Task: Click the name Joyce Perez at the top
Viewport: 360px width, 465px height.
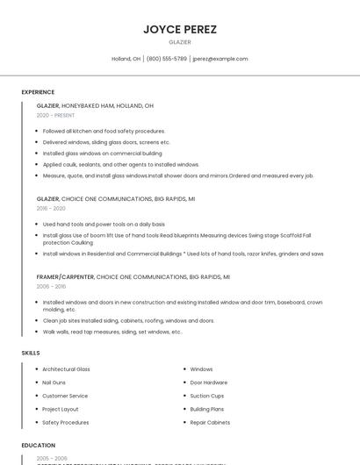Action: (179, 29)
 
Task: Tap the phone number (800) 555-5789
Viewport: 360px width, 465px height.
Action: (167, 59)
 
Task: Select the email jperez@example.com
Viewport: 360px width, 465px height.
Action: (220, 59)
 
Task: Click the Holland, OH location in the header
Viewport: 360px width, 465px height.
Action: (126, 59)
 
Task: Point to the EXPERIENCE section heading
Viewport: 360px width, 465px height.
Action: (38, 92)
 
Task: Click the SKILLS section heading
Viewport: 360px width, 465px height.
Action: (31, 353)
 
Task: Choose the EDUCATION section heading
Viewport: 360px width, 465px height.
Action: (39, 445)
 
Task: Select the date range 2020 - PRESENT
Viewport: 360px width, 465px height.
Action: (56, 115)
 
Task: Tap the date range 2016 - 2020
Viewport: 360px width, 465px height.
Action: (51, 208)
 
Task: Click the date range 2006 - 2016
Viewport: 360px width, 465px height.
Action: (51, 286)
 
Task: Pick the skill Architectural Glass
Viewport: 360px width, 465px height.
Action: (66, 369)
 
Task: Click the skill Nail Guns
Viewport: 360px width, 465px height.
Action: (54, 383)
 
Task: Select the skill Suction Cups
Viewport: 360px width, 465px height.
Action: (207, 396)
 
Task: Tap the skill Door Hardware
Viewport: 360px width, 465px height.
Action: (209, 383)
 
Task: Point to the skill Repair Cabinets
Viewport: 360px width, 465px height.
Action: (210, 422)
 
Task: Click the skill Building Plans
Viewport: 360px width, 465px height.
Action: (207, 409)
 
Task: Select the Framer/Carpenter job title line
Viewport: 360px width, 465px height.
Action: (133, 276)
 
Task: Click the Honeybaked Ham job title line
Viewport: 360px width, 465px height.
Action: (95, 105)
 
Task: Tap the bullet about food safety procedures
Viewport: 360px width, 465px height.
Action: (104, 131)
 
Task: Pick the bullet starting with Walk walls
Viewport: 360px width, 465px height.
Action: (112, 332)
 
